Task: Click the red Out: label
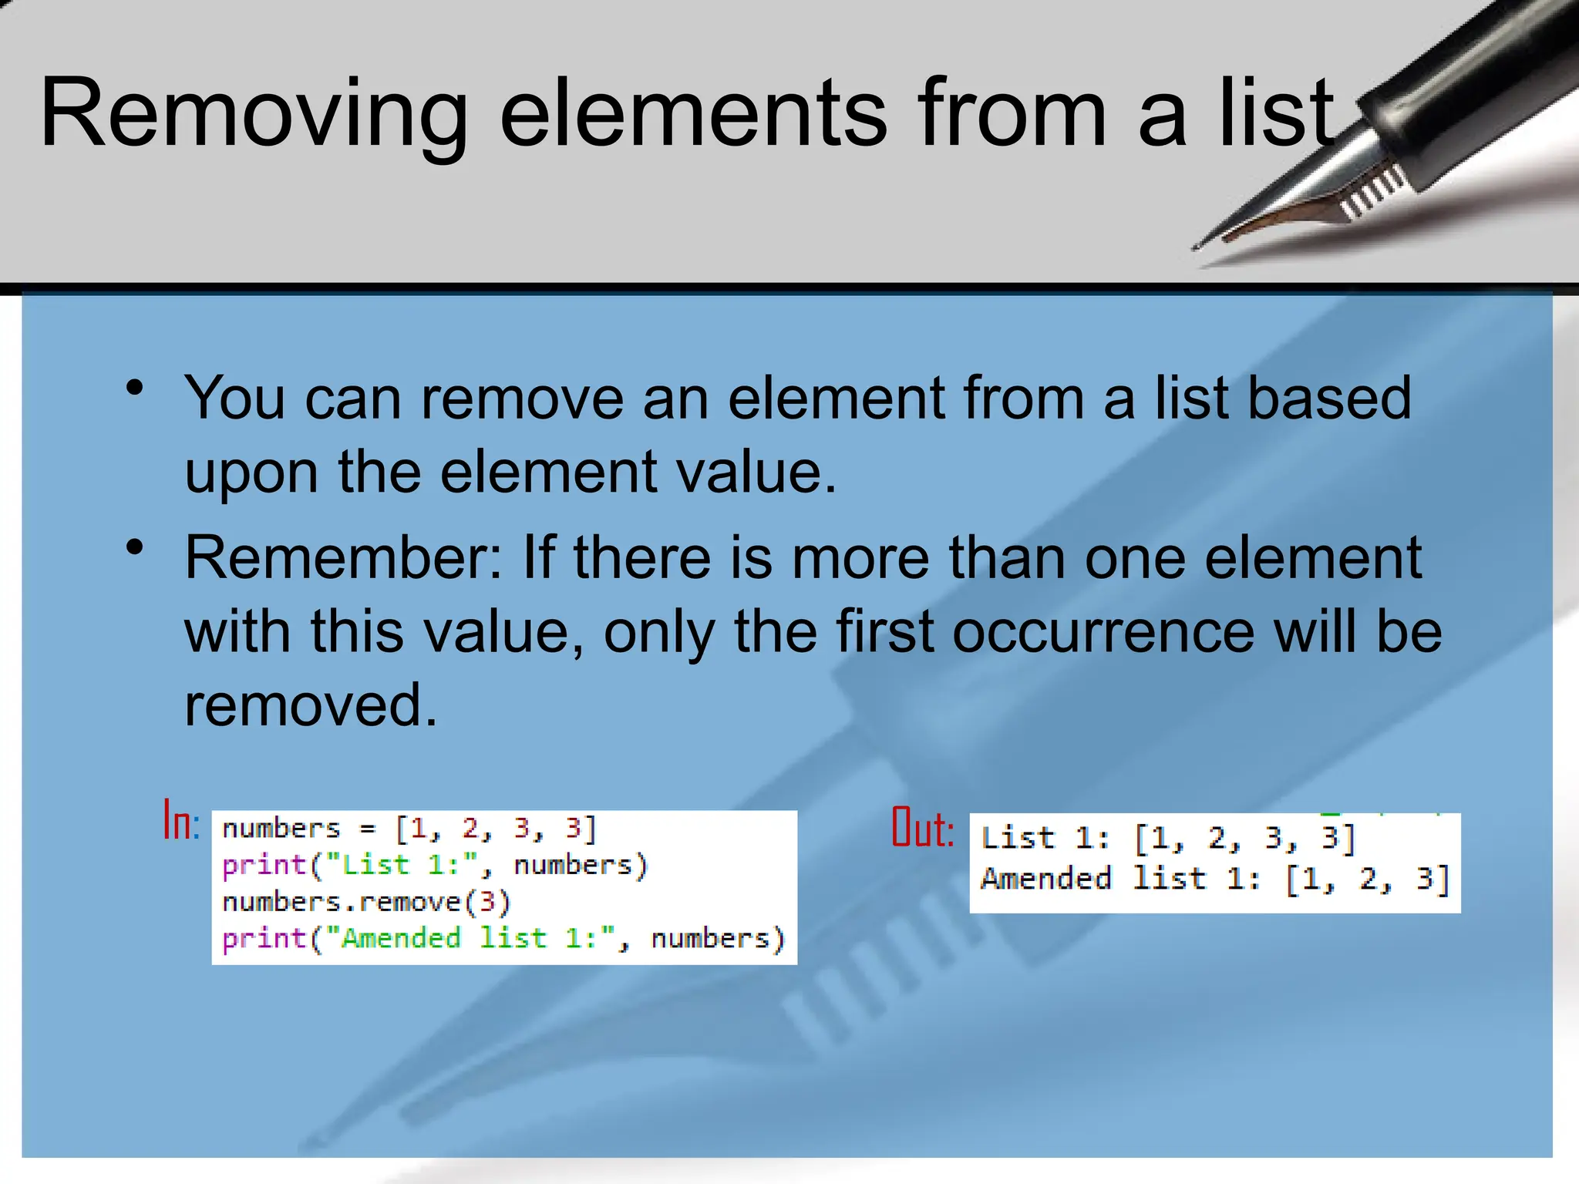[x=922, y=828]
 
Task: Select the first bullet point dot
[x=135, y=388]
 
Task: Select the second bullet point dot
[x=135, y=548]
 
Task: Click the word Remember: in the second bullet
[x=342, y=557]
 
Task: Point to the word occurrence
[x=1103, y=631]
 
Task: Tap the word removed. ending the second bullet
[x=311, y=705]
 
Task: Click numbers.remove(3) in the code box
[x=366, y=901]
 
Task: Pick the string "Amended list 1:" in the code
[x=470, y=938]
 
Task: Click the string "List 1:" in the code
[x=400, y=865]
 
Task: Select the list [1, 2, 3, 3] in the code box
[x=496, y=829]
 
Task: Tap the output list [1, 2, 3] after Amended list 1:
[x=1367, y=879]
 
